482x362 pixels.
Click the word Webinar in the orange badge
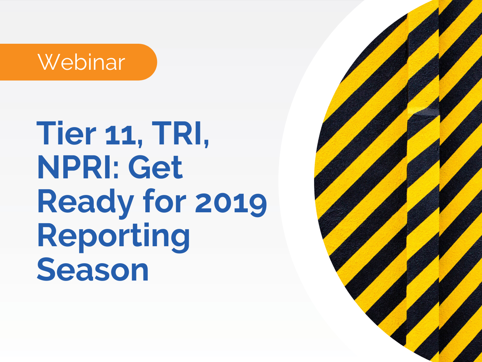click(81, 62)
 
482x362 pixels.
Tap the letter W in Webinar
click(47, 62)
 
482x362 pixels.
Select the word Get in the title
click(156, 167)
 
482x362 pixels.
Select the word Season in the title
click(93, 270)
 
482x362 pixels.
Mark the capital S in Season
click(46, 270)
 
